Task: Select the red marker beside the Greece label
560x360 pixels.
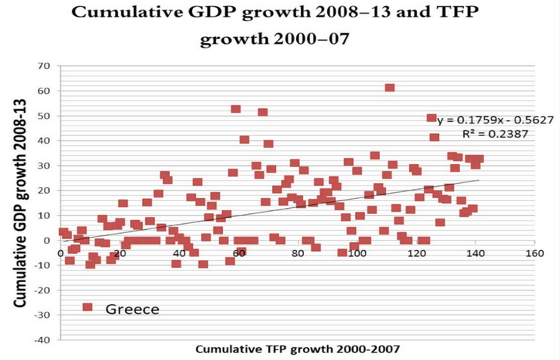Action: coord(88,307)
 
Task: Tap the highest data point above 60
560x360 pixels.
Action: coord(389,88)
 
